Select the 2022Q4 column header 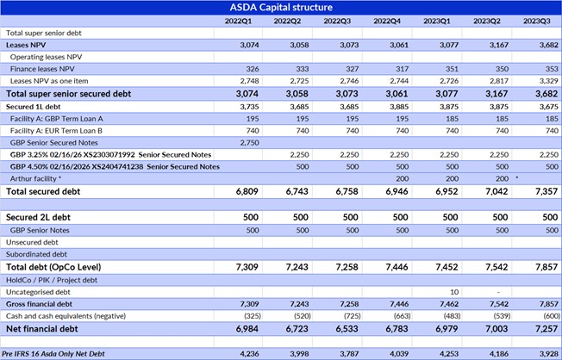coord(391,20)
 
